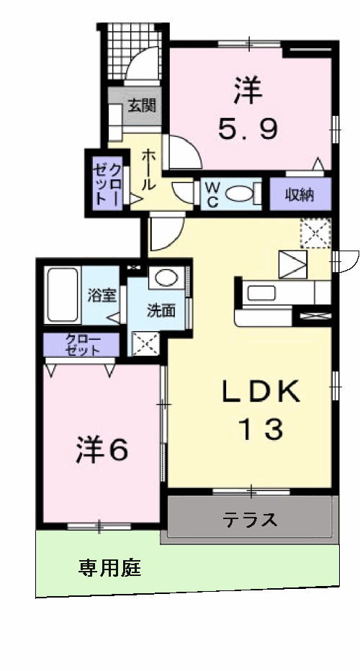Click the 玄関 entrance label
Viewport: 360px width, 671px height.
(142, 106)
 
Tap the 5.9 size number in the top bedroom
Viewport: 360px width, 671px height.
(248, 130)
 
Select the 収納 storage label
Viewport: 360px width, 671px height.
(301, 193)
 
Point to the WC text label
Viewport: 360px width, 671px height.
(212, 193)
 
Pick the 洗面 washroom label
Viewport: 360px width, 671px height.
(161, 311)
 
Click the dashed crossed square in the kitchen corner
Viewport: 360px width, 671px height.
(315, 232)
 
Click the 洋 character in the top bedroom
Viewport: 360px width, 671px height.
(248, 91)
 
